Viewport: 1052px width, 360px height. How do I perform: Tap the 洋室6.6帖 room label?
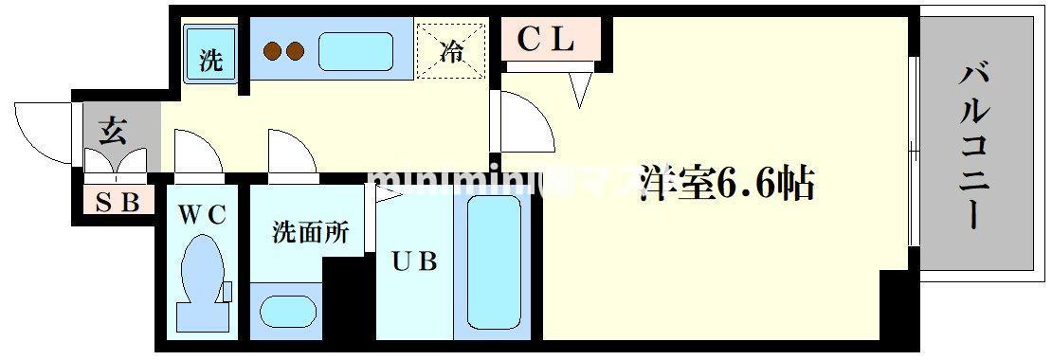pyautogui.click(x=727, y=183)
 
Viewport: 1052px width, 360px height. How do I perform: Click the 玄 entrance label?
pyautogui.click(x=113, y=132)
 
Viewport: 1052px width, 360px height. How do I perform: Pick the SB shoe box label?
pyautogui.click(x=118, y=201)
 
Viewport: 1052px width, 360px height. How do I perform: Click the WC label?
pyautogui.click(x=201, y=214)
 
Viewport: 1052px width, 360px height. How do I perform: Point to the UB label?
pyautogui.click(x=414, y=261)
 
